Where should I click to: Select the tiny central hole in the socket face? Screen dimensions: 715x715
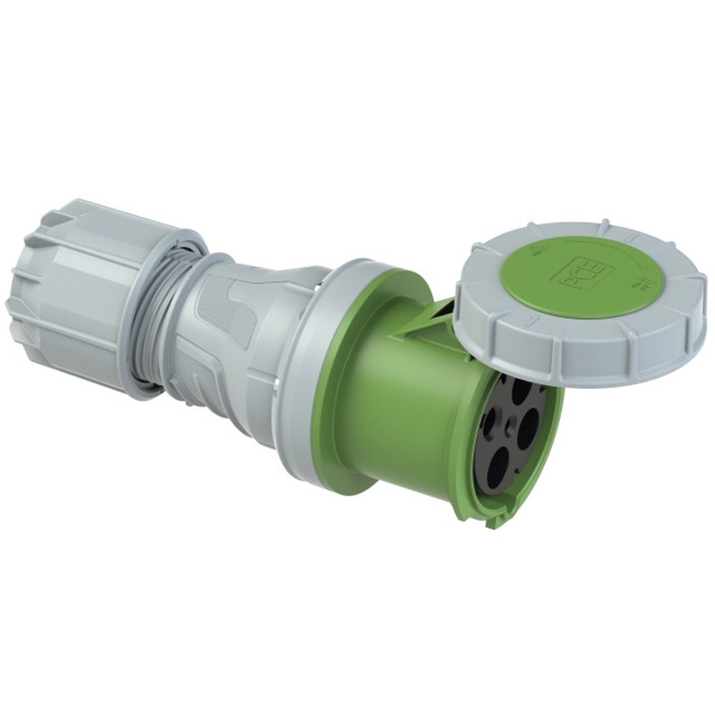(508, 428)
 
